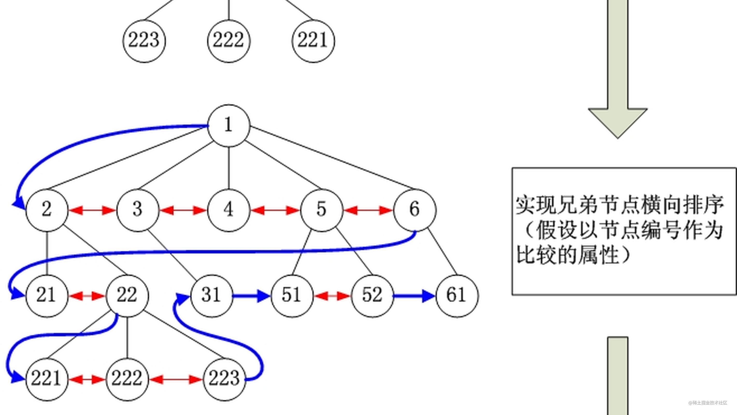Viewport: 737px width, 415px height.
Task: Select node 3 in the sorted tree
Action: pyautogui.click(x=138, y=210)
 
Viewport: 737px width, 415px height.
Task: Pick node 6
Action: pyautogui.click(x=415, y=210)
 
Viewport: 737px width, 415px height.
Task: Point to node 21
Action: pyautogui.click(x=47, y=296)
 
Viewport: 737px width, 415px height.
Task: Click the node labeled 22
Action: pyautogui.click(x=127, y=296)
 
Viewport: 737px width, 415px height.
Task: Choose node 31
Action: pyautogui.click(x=212, y=296)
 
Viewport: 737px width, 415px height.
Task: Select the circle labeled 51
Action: pyautogui.click(x=292, y=296)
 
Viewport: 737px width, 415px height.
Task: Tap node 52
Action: pyautogui.click(x=372, y=296)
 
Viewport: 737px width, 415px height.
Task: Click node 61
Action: pyautogui.click(x=457, y=296)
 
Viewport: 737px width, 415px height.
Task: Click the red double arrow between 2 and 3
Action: pyautogui.click(x=92, y=211)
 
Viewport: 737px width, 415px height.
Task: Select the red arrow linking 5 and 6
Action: pyautogui.click(x=368, y=211)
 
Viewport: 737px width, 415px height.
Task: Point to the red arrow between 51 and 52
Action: pyautogui.click(x=332, y=296)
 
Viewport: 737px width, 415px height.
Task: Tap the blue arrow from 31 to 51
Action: pyautogui.click(x=251, y=296)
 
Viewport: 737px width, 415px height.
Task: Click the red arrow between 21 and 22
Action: pyautogui.click(x=87, y=296)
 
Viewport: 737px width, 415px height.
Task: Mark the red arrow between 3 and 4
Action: pyautogui.click(x=183, y=211)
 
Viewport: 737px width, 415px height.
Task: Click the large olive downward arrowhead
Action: pyautogui.click(x=618, y=122)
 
